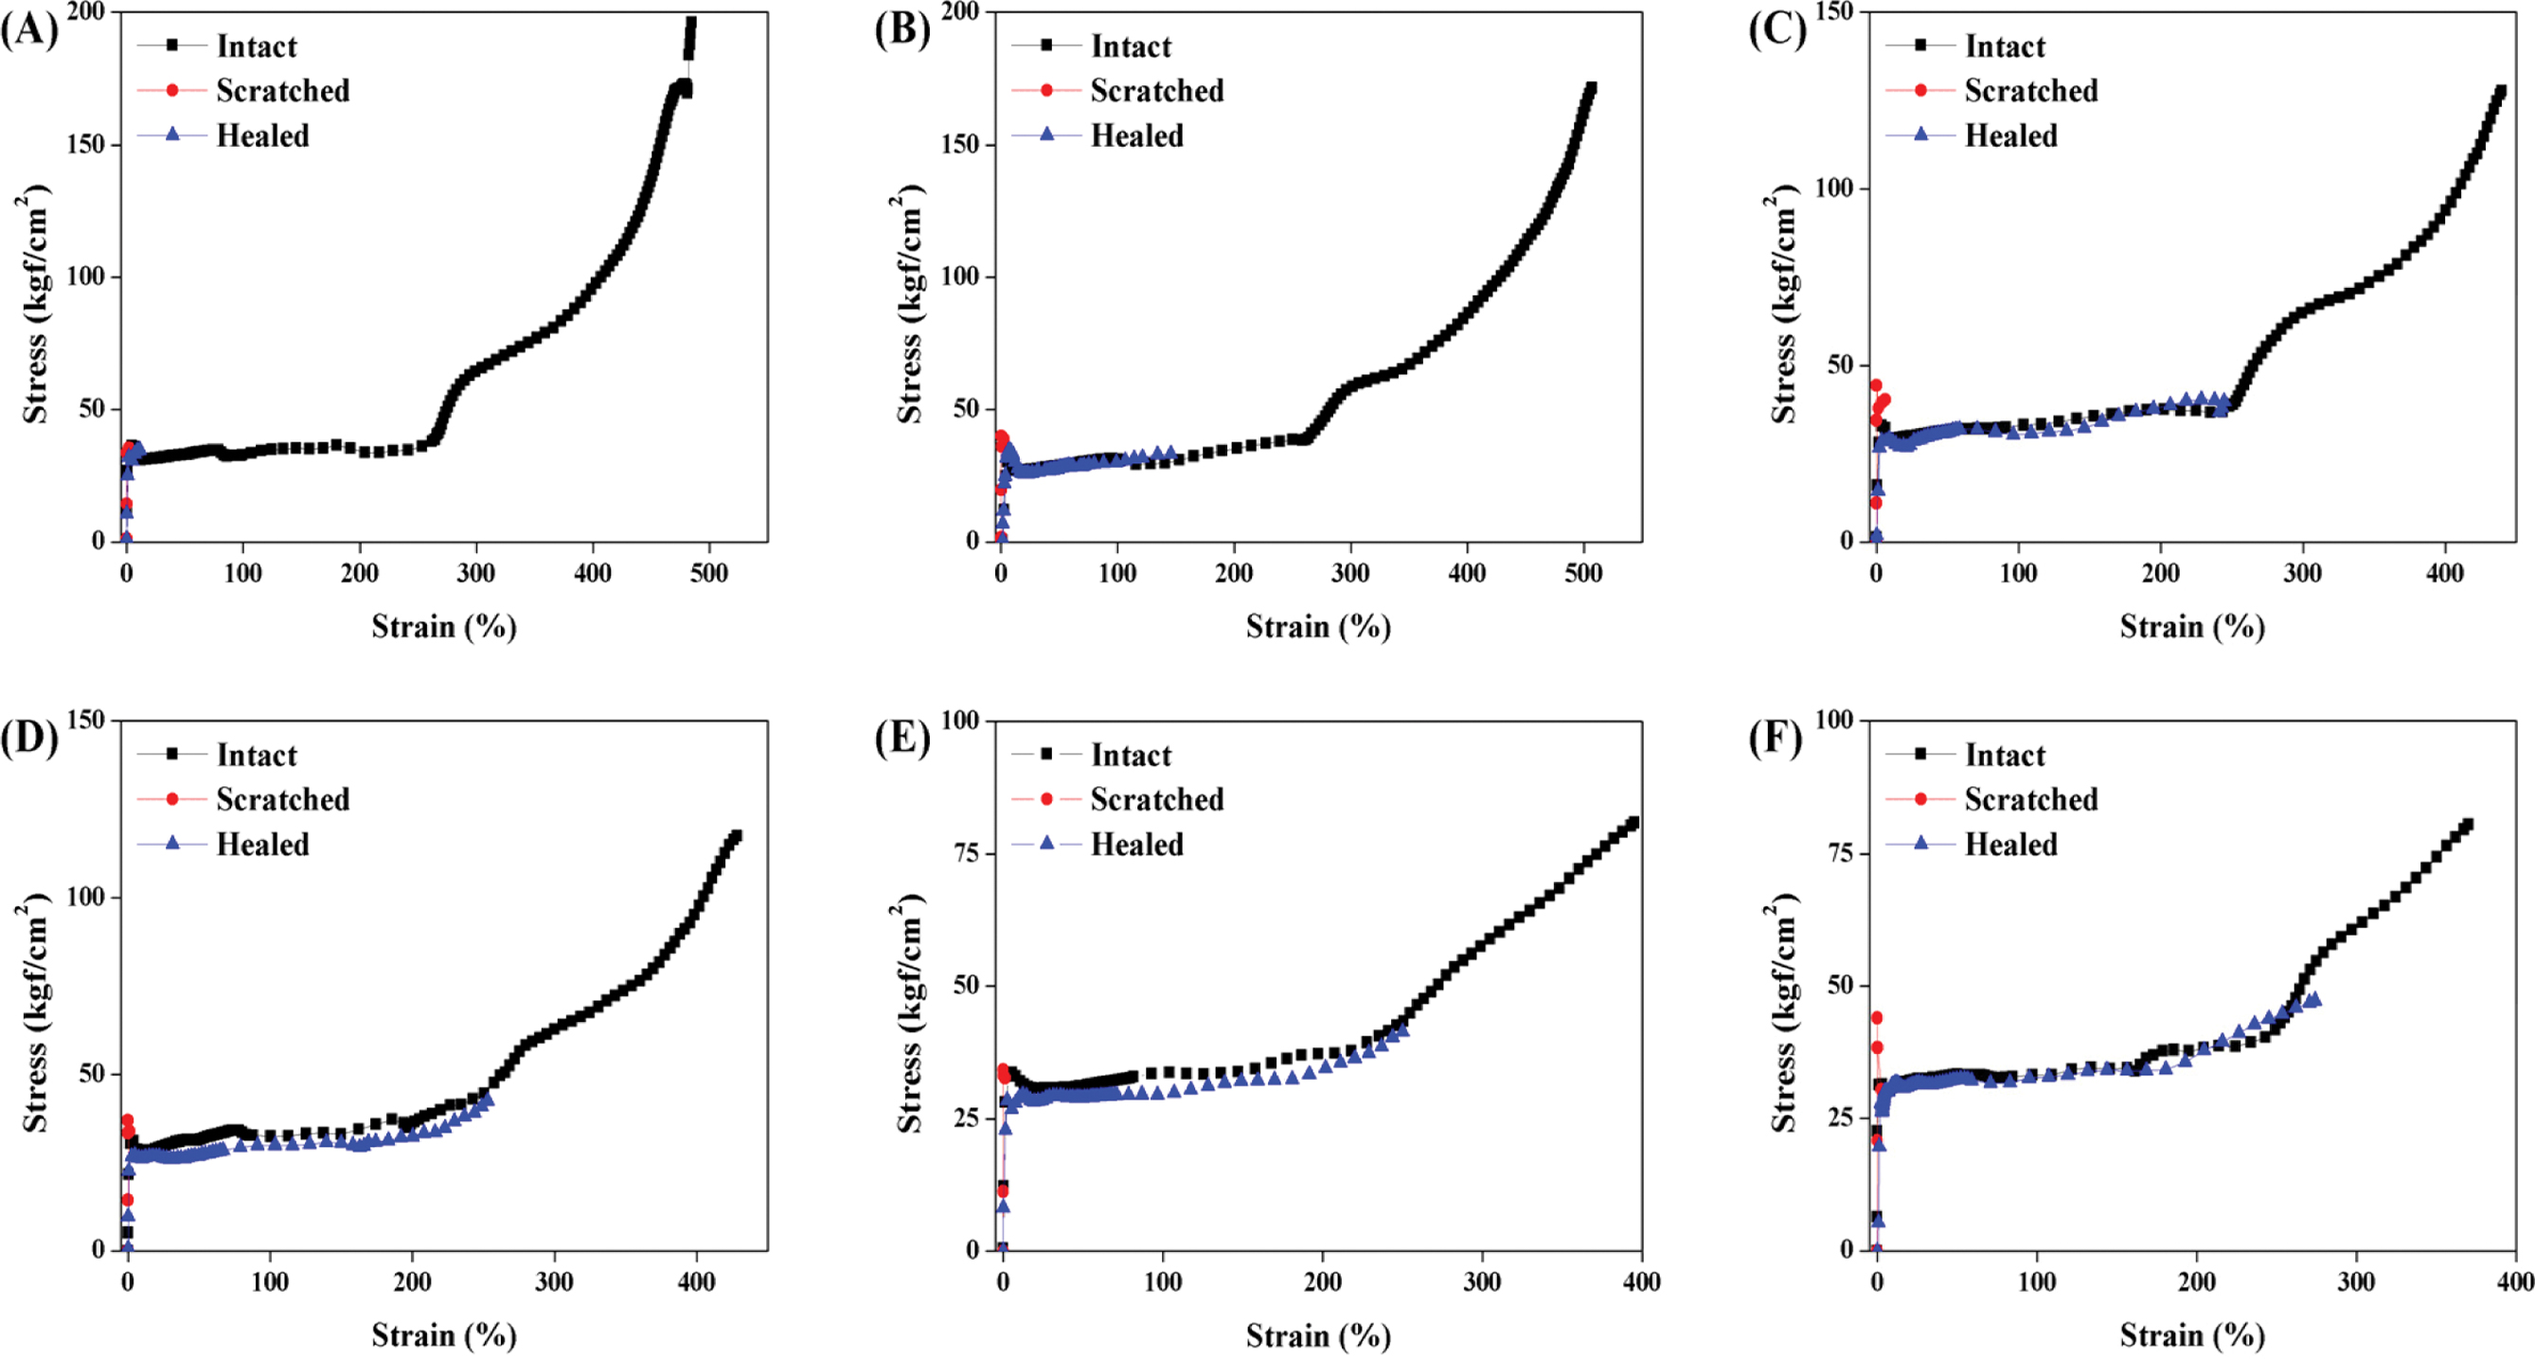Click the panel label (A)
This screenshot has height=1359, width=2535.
tap(28, 31)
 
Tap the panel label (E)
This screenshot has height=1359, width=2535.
tap(902, 739)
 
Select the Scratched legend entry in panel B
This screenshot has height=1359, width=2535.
tap(1156, 91)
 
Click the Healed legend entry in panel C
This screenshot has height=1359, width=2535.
tap(2010, 135)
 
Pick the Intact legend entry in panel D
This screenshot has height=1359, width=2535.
tap(256, 755)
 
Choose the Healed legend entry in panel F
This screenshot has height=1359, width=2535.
tap(2010, 845)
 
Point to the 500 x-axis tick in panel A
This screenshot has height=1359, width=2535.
tap(708, 574)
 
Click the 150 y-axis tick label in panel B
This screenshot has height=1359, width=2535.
tap(959, 145)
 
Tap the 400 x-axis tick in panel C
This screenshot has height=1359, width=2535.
tap(2444, 574)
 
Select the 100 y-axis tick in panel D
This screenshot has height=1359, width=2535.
tap(85, 898)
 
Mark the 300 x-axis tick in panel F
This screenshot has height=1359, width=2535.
tap(2356, 1282)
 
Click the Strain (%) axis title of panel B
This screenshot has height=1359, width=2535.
tap(1317, 627)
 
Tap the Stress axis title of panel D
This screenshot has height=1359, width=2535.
tap(33, 1013)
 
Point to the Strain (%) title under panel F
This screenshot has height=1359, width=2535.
tap(2191, 1335)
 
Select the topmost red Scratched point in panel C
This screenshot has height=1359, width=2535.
tap(1876, 385)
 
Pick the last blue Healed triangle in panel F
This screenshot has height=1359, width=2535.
tap(2313, 1000)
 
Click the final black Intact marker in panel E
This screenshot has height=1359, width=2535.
tap(1633, 823)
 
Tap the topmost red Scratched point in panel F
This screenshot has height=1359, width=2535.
tap(1877, 1018)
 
